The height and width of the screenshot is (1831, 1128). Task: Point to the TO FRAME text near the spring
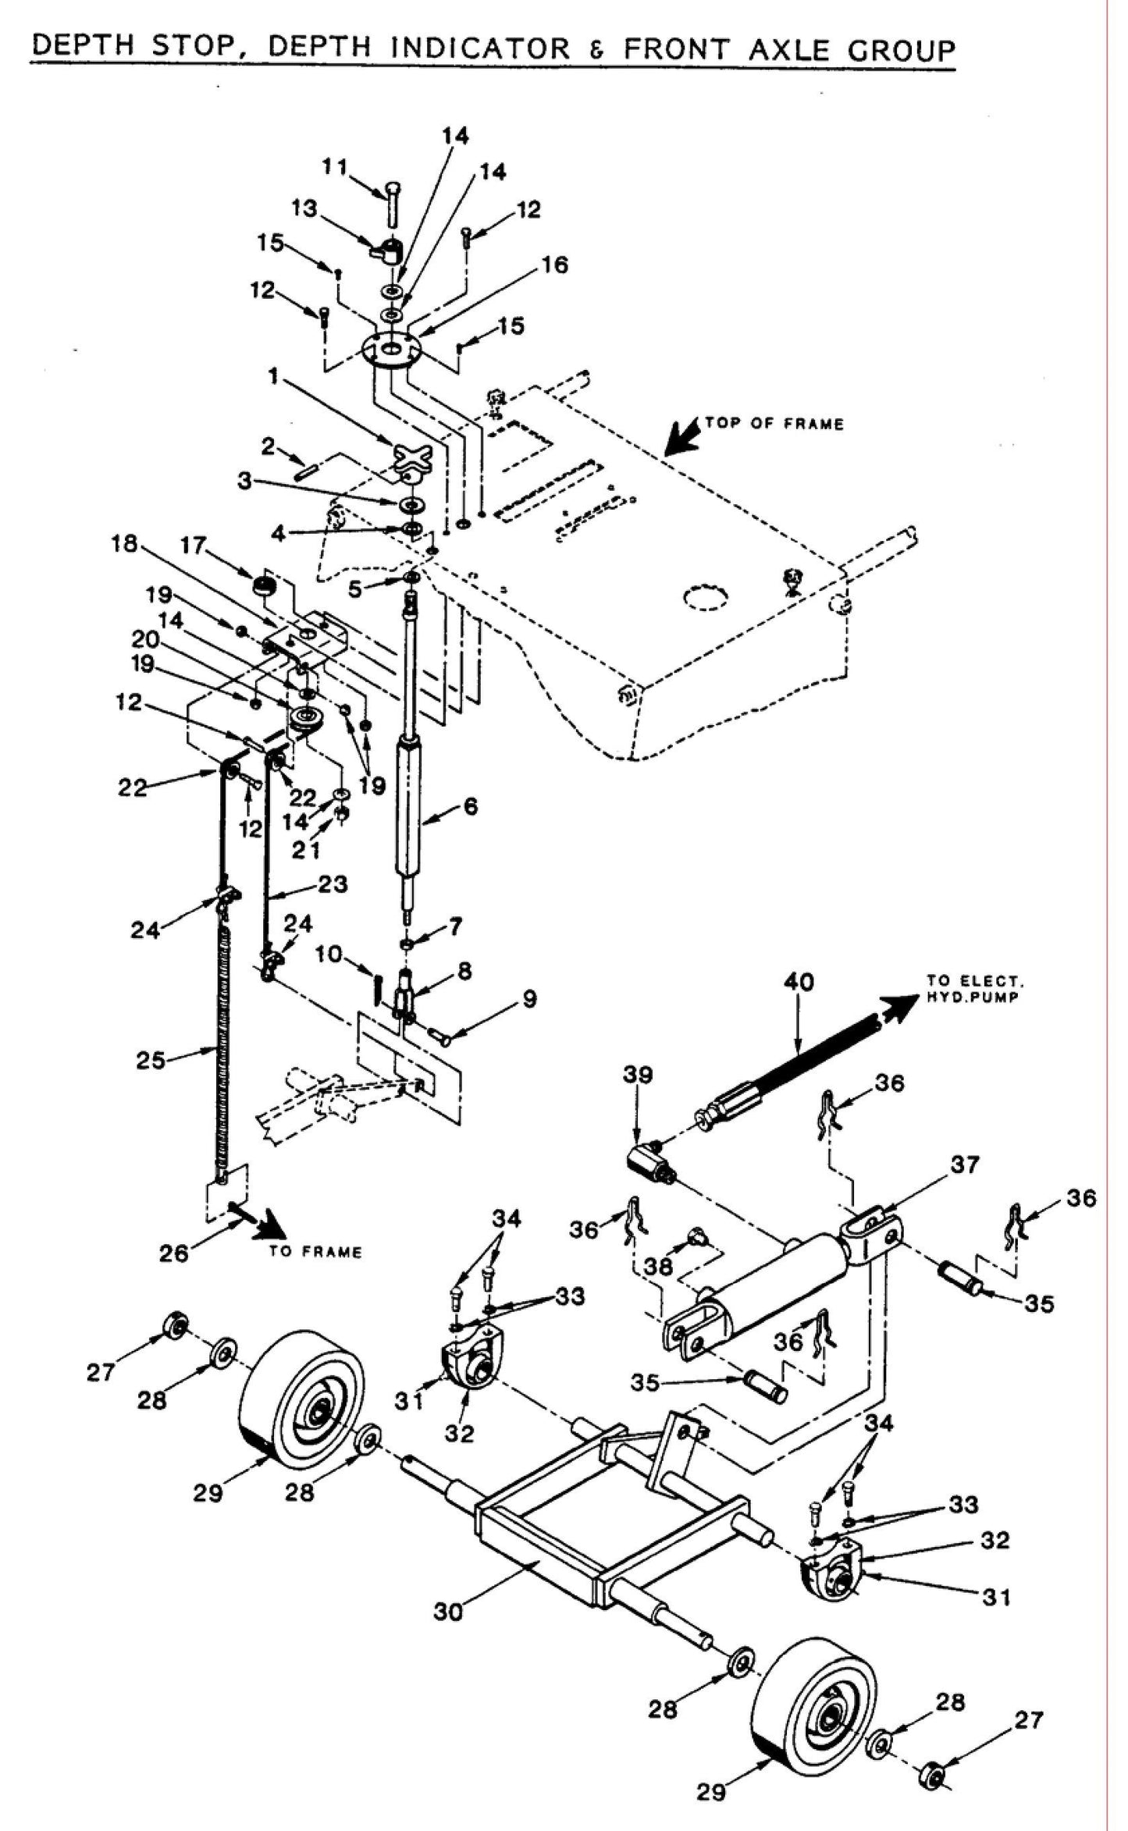315,1252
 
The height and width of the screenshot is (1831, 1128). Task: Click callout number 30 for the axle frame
448,1611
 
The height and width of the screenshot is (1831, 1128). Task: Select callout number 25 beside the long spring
151,1060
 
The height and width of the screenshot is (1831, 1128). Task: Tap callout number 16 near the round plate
555,265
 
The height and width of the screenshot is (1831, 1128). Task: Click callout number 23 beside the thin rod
332,884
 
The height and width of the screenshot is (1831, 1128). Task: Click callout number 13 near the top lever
304,209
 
